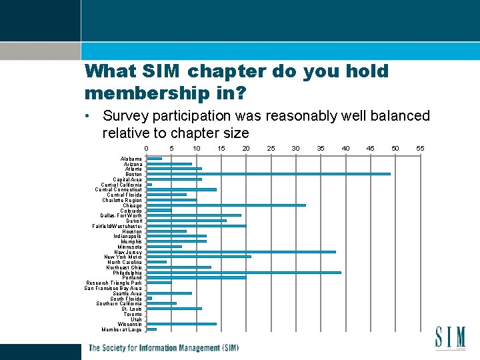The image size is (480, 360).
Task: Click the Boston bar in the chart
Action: coord(268,174)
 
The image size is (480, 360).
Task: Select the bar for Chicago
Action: coord(226,205)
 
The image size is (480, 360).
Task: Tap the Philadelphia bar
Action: coord(243,273)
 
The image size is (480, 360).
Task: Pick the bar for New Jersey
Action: coord(241,251)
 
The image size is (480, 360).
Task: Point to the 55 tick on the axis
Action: coord(420,148)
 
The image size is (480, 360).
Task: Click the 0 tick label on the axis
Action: coord(147,148)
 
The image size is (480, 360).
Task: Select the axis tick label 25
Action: coord(271,148)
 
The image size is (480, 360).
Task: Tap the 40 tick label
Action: coord(345,148)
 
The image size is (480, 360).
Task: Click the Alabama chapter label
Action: coord(131,159)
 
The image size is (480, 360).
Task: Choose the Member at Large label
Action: coord(121,329)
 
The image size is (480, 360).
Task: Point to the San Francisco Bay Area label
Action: coord(113,288)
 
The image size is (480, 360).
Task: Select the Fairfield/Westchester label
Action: coord(117,226)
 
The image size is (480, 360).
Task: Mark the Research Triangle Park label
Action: coord(114,283)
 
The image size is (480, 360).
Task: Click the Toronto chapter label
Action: coord(132,314)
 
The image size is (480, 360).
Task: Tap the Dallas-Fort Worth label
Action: coord(121,215)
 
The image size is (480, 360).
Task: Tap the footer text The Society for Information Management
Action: coord(163,348)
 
